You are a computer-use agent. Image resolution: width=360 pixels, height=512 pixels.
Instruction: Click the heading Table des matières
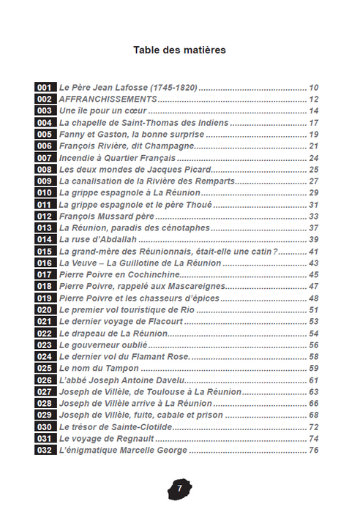pos(179,50)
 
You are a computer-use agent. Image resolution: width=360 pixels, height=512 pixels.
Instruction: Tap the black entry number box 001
pos(45,87)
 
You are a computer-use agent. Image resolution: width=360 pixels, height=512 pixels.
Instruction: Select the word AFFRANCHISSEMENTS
pos(108,99)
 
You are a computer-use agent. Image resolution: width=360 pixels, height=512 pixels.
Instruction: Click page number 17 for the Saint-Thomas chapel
pos(314,123)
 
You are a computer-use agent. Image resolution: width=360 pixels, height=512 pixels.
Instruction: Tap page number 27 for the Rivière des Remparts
pos(314,181)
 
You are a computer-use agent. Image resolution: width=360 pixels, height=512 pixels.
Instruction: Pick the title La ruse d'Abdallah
pos(97,239)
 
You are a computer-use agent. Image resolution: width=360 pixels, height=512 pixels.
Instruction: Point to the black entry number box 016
pos(45,263)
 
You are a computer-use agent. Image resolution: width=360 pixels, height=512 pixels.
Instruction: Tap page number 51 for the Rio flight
pos(314,309)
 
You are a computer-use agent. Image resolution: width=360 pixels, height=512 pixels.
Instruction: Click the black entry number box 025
pos(45,368)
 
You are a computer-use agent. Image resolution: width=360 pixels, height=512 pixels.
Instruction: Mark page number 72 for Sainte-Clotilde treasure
pos(314,426)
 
